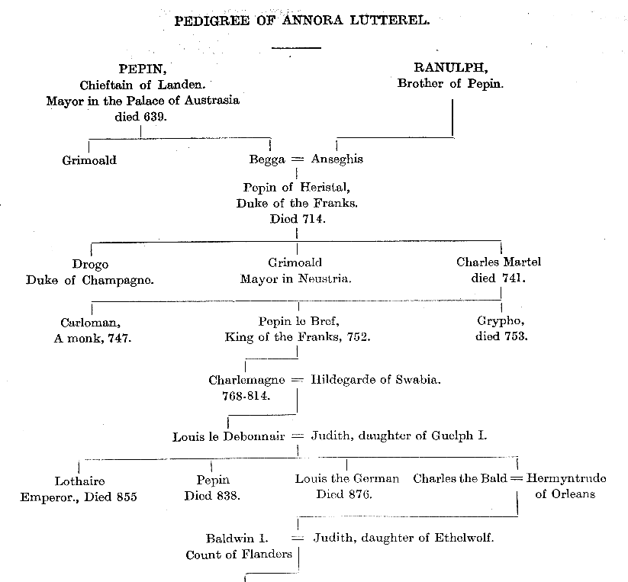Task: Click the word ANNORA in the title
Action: (x=312, y=20)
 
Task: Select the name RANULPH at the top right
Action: (x=450, y=68)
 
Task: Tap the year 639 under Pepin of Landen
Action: (x=154, y=117)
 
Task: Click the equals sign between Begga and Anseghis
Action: (x=298, y=159)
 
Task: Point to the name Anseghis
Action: (x=337, y=159)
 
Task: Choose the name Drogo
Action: (x=90, y=265)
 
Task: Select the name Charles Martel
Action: (x=498, y=262)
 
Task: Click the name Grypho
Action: (x=501, y=321)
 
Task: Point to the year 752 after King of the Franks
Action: (x=358, y=337)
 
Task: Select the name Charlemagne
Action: (x=246, y=380)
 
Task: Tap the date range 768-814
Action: (x=246, y=396)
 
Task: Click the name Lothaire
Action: (x=79, y=481)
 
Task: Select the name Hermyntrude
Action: (x=566, y=479)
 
